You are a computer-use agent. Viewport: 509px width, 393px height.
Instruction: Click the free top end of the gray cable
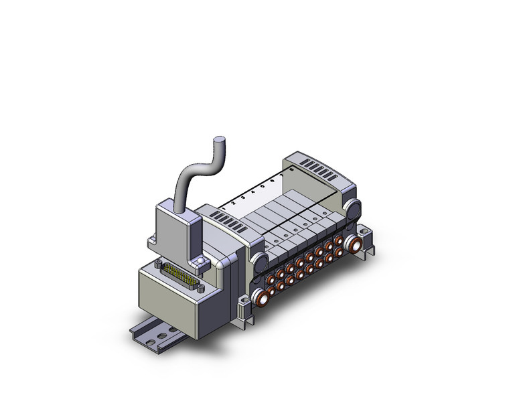click(218, 141)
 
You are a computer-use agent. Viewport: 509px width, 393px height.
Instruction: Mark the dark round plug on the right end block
click(353, 208)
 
